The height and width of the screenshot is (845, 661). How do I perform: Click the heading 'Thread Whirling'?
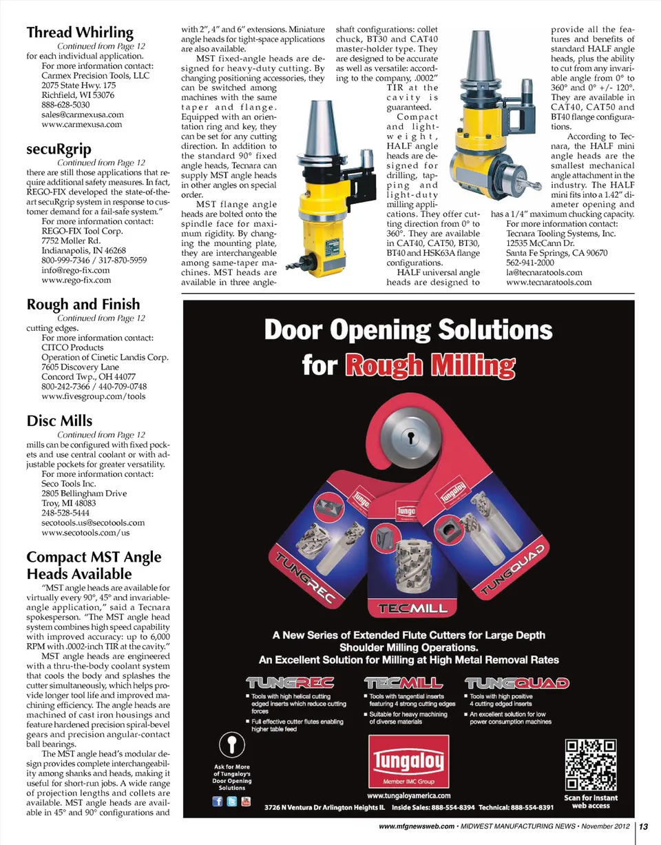80,32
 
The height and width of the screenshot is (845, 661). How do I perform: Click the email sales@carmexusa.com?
83,114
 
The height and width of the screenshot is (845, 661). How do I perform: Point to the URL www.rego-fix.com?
76,280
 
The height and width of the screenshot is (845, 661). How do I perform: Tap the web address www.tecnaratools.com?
549,283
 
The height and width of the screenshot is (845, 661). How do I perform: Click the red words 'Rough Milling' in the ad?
430,364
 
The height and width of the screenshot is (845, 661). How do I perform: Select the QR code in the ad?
589,766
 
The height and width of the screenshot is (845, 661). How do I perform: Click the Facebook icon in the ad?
218,802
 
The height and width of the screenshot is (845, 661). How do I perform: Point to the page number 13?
647,826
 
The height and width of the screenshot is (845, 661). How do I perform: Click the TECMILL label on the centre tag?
410,609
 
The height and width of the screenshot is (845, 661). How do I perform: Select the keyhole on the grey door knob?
411,438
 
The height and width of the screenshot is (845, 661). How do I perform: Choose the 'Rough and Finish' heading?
83,305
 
